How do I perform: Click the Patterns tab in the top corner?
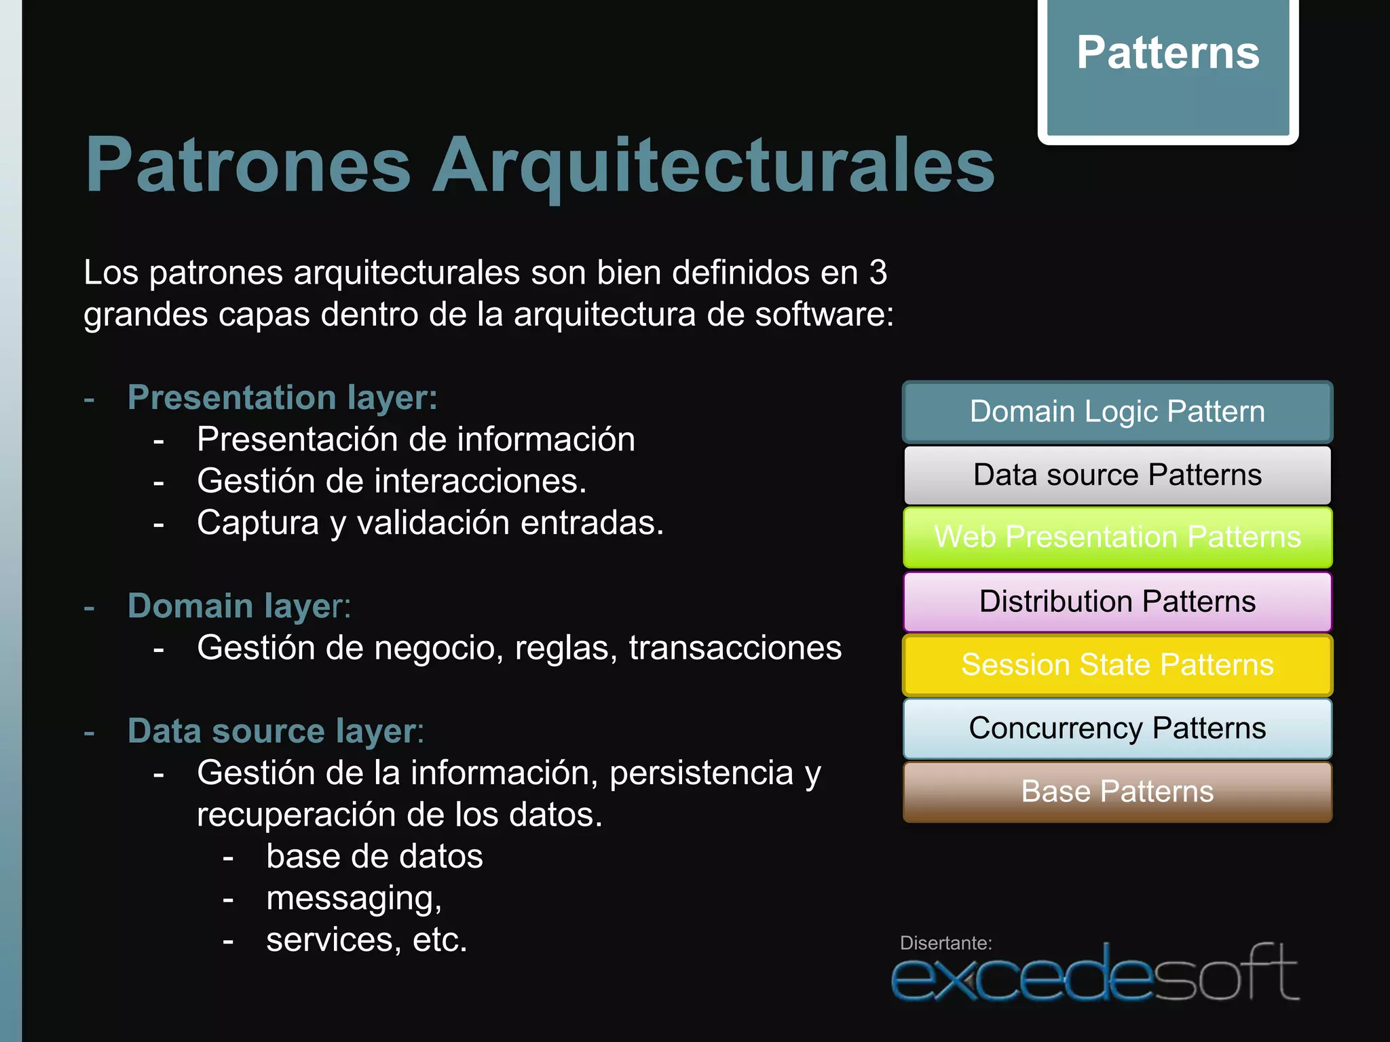tap(1167, 68)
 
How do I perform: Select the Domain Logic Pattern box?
tap(1117, 412)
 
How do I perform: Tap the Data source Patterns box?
tap(1117, 475)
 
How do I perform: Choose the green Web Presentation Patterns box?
tap(1117, 537)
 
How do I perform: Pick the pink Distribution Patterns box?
tap(1117, 602)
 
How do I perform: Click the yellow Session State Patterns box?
tap(1117, 665)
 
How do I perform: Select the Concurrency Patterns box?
tap(1117, 728)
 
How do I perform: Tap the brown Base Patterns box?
tap(1117, 792)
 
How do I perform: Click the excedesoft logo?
tap(1094, 976)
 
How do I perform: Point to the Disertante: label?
tap(945, 943)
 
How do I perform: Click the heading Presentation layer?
tap(282, 398)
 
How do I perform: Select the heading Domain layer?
tap(239, 606)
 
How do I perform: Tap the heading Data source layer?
tap(276, 731)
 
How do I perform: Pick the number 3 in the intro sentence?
tap(878, 273)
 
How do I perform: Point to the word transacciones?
tap(735, 648)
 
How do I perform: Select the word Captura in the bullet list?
tap(258, 523)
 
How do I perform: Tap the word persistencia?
tap(701, 773)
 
